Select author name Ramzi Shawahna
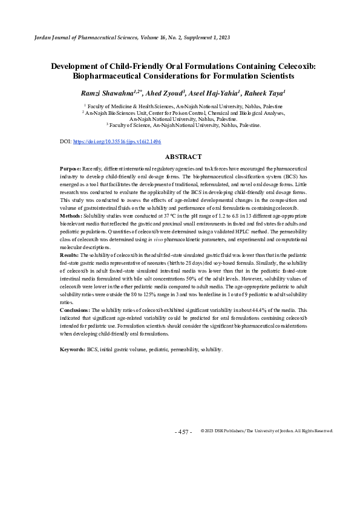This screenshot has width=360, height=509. [106, 92]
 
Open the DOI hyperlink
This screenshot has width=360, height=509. [117, 141]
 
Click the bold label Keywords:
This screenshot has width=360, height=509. [73, 349]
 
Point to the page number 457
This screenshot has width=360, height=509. [183, 432]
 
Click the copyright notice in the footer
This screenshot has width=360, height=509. [266, 430]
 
